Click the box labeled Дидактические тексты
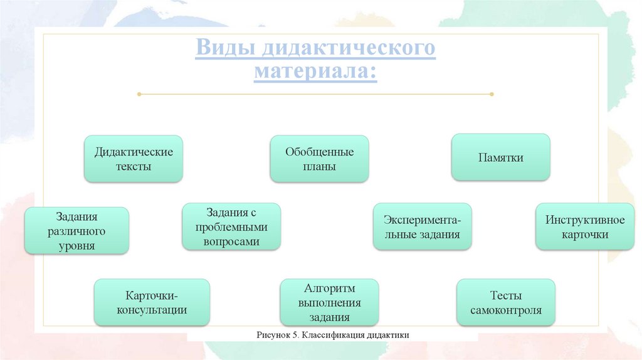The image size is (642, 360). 134,159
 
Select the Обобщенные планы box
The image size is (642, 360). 319,159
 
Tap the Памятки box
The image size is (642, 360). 500,158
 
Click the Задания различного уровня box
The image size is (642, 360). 76,231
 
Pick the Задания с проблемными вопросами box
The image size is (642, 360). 231,226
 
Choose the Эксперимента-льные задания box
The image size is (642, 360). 422,227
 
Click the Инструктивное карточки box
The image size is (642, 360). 585,227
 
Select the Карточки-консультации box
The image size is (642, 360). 152,302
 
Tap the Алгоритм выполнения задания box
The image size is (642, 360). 329,303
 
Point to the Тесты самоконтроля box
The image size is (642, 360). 505,303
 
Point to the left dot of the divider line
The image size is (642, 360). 139,94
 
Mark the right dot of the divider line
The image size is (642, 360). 492,94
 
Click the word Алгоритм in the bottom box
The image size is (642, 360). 329,289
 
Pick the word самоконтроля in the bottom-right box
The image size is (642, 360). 505,310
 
